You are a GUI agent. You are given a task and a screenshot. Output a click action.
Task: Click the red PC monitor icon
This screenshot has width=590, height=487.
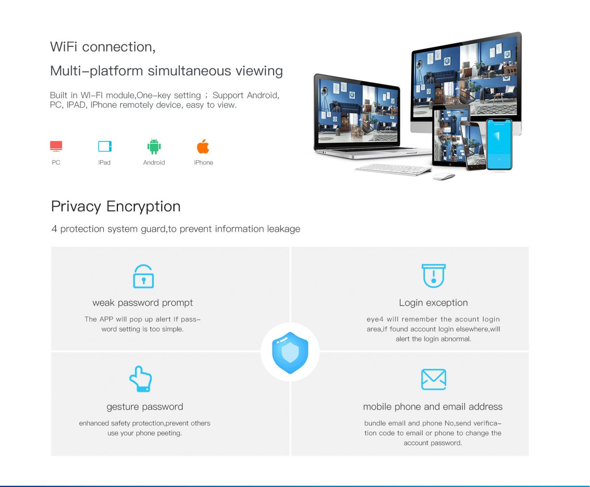click(56, 146)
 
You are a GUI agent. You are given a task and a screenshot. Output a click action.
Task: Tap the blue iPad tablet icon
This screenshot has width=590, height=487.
click(105, 146)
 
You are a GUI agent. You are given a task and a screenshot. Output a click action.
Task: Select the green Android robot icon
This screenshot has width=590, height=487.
click(154, 147)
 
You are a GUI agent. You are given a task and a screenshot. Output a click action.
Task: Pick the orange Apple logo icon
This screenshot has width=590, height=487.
click(203, 147)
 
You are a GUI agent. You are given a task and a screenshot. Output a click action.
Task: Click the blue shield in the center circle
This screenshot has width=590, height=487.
click(290, 353)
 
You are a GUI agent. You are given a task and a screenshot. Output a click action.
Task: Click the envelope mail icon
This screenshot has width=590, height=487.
click(433, 379)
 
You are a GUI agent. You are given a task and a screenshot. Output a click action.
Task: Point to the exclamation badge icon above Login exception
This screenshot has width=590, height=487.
click(433, 276)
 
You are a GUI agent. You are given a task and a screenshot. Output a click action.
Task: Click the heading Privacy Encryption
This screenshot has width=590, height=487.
click(116, 206)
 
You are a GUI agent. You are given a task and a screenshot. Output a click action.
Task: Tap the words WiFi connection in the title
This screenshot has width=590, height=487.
click(103, 47)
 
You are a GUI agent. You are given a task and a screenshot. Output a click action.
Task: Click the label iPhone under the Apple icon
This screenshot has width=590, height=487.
click(204, 162)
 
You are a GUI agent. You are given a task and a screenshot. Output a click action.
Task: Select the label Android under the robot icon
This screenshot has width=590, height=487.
click(154, 162)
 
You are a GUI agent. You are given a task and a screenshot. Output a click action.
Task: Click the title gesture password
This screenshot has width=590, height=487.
click(145, 407)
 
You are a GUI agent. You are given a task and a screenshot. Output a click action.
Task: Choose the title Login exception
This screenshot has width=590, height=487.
click(433, 303)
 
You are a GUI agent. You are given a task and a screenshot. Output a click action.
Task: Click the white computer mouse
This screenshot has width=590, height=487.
click(444, 177)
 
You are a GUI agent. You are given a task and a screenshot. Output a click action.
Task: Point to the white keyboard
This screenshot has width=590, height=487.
click(393, 170)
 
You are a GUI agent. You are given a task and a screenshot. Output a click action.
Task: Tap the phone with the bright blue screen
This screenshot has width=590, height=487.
click(499, 144)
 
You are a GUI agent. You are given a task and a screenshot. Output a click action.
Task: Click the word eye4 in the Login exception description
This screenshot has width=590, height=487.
click(375, 319)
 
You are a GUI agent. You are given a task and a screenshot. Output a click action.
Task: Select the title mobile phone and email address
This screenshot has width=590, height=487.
click(433, 407)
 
